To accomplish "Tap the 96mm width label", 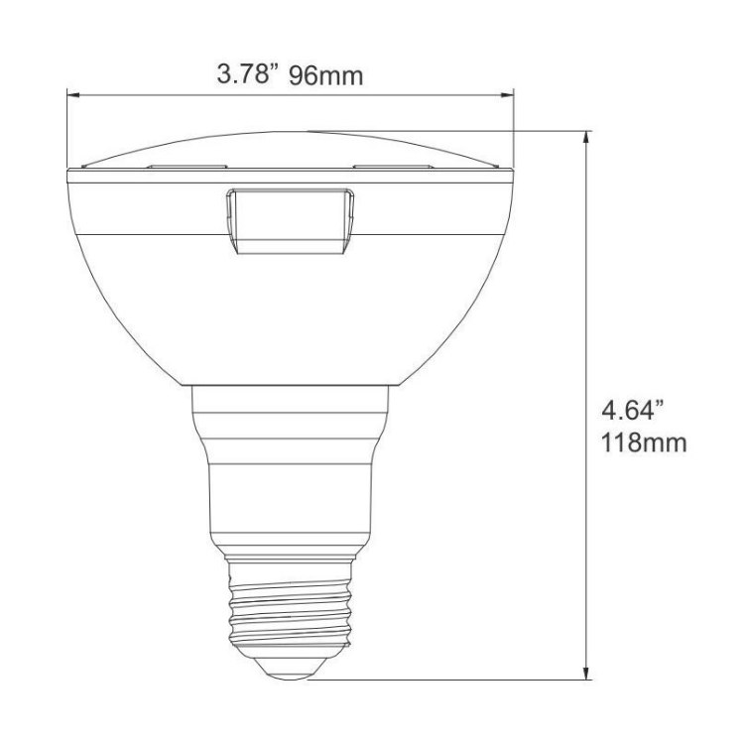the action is (x=326, y=75).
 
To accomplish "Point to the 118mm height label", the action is (x=644, y=442).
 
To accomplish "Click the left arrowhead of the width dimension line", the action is (x=72, y=95).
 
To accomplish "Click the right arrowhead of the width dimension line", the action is (x=508, y=95).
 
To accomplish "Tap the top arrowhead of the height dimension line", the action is (x=587, y=137).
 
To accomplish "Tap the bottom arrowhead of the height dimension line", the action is (x=587, y=673).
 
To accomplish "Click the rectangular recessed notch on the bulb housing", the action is (x=290, y=221).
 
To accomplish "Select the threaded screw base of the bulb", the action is (x=291, y=606).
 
